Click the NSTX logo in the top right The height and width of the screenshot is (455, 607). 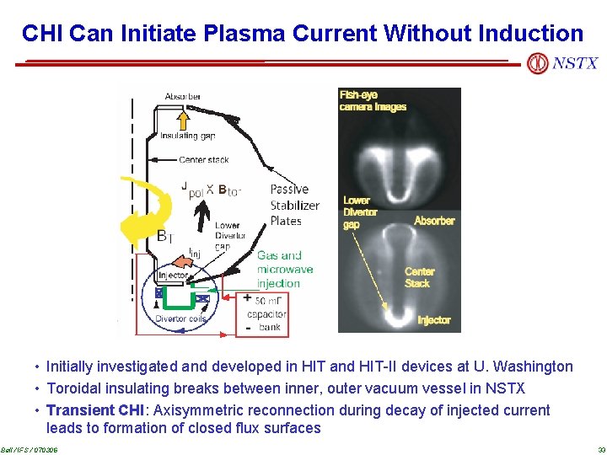[562, 63]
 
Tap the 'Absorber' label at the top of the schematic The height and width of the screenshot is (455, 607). [182, 97]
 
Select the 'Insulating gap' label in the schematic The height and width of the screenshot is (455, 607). [187, 136]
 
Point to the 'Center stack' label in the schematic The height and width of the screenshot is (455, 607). [203, 159]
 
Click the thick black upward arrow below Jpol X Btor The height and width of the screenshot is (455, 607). [199, 218]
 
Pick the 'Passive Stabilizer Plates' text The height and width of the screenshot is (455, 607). [294, 205]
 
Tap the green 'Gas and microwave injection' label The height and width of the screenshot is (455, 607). [284, 269]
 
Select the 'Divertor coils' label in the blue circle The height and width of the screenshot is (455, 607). [181, 319]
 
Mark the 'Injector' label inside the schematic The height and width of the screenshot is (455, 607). [173, 276]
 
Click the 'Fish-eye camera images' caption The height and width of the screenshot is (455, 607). [373, 101]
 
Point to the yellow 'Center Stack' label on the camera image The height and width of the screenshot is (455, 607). [419, 277]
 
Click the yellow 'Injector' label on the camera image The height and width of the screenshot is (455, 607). [433, 320]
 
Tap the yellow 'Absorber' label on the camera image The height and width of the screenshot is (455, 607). [434, 221]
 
